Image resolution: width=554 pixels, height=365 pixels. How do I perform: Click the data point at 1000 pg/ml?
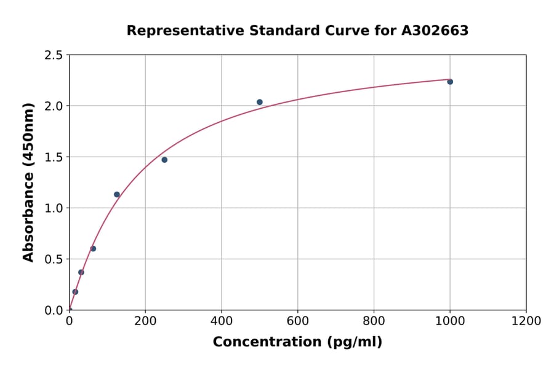click(450, 82)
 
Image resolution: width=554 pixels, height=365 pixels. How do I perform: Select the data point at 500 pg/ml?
click(260, 102)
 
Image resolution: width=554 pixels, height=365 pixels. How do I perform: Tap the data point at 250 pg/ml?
click(164, 160)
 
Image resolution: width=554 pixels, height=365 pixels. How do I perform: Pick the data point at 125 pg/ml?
click(117, 195)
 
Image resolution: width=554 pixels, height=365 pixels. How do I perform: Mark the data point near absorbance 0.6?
click(93, 249)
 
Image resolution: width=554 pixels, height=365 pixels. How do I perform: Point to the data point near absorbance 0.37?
click(81, 272)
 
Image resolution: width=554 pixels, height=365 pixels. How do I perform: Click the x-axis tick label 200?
click(145, 321)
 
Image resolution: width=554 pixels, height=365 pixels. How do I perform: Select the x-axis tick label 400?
click(222, 321)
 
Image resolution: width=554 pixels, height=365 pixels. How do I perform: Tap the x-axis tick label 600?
click(298, 321)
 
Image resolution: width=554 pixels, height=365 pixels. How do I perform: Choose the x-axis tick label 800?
click(374, 321)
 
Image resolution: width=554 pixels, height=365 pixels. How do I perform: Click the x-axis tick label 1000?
click(450, 321)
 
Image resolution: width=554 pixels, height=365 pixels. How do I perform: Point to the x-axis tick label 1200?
click(526, 321)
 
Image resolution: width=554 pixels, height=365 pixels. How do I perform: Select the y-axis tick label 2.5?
click(54, 55)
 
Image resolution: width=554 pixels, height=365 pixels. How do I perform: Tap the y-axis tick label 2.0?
click(54, 106)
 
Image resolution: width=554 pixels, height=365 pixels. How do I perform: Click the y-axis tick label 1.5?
click(54, 157)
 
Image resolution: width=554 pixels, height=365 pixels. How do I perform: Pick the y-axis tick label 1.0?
click(54, 208)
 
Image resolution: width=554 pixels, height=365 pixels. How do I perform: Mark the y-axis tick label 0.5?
click(54, 259)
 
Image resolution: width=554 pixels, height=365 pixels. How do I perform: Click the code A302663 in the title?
click(435, 31)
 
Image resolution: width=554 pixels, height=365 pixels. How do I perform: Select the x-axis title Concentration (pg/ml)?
click(297, 342)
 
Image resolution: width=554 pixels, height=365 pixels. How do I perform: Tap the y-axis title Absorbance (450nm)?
click(28, 182)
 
